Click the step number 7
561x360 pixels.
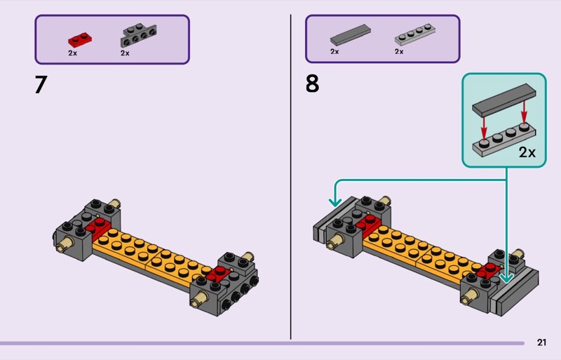pyautogui.click(x=41, y=84)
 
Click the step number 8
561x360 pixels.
pyautogui.click(x=312, y=84)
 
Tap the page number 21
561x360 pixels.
pyautogui.click(x=541, y=342)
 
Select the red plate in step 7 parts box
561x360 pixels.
pyautogui.click(x=80, y=40)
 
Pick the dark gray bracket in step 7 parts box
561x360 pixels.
pyautogui.click(x=138, y=35)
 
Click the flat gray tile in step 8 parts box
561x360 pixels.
pyautogui.click(x=350, y=35)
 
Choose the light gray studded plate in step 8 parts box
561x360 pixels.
pyautogui.click(x=415, y=34)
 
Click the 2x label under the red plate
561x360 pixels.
pyautogui.click(x=73, y=53)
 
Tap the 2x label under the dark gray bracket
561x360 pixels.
pyautogui.click(x=125, y=53)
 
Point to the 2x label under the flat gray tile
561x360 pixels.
pyautogui.click(x=334, y=52)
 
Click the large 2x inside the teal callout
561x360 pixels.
pyautogui.click(x=527, y=152)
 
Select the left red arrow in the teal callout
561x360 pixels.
pyautogui.click(x=484, y=127)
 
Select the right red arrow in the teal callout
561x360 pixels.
pyautogui.click(x=524, y=112)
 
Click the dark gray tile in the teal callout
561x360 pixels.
pyautogui.click(x=503, y=100)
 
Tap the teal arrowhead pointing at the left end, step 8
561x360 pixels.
pyautogui.click(x=335, y=201)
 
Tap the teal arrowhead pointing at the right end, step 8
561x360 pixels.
pyautogui.click(x=506, y=277)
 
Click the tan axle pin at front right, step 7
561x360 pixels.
pyautogui.click(x=198, y=298)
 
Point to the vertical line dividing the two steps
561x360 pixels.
pyautogui.click(x=290, y=177)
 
